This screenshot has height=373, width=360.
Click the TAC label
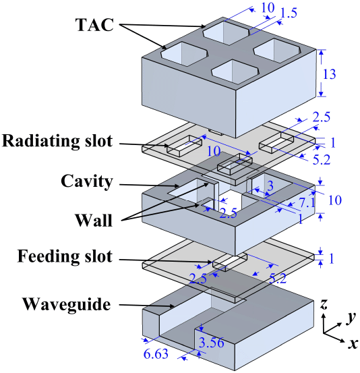point(94,25)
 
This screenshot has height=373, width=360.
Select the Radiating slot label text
point(57,142)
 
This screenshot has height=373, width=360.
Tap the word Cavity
point(86,181)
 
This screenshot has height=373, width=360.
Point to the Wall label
point(94,221)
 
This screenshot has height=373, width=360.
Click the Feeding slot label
point(65,256)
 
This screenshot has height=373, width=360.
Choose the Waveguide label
point(67,304)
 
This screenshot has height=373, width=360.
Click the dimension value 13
point(329,74)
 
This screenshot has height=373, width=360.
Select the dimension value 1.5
point(289,13)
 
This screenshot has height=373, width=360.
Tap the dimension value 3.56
point(212,343)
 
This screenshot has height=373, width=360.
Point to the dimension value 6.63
point(156,353)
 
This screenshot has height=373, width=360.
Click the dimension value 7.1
point(307,203)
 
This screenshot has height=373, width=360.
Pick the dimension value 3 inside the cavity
point(270,186)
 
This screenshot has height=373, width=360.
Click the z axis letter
point(324,304)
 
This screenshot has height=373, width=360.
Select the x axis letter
point(353,343)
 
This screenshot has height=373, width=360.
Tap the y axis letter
point(351,318)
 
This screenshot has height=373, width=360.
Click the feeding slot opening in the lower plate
point(230,262)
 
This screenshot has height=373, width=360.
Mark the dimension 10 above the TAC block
point(268,8)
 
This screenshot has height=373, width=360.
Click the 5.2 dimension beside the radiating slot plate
point(322,160)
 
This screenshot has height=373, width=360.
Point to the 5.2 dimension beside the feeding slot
point(278,279)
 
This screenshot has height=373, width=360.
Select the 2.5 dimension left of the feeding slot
point(198,279)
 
